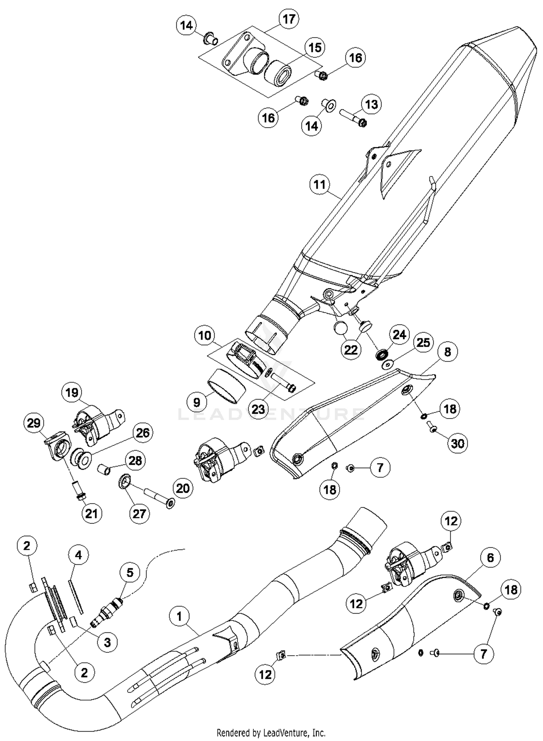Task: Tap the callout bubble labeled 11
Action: pos(320,185)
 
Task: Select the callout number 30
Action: pos(457,443)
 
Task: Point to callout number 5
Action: pos(130,572)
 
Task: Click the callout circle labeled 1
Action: pos(180,616)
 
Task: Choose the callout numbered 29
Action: pos(34,423)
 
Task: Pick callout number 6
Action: pos(490,558)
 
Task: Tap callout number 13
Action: pos(371,104)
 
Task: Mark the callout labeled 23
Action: pos(258,409)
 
